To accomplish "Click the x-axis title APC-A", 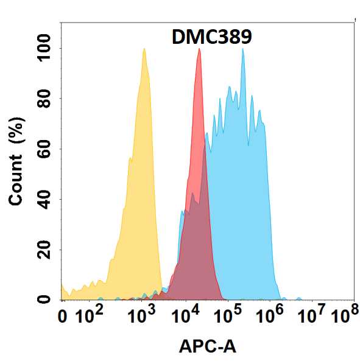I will coord(207,347).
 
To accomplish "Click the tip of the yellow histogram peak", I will coord(144,49).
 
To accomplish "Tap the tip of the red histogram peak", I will coord(199,49).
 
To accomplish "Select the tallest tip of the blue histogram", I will coord(243,49).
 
